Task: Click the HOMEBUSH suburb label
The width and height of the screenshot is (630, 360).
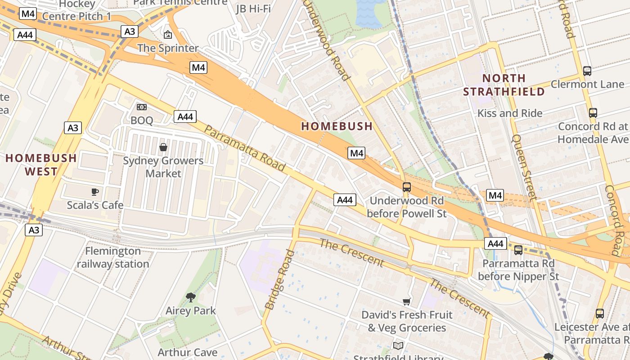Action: point(337,126)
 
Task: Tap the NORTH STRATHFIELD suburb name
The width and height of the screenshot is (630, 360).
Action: point(504,85)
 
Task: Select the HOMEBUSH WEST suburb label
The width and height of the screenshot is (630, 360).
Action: point(41,165)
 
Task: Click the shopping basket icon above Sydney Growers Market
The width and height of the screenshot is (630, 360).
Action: point(163,148)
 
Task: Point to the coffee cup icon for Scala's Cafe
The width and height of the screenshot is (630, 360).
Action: point(94,192)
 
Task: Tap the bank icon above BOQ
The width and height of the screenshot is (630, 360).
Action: point(142,107)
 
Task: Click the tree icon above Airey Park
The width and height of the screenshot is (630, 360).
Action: point(191,297)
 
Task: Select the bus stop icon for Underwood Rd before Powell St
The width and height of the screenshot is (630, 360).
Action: point(406,187)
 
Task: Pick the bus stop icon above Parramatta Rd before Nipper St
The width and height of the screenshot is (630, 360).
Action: point(518,250)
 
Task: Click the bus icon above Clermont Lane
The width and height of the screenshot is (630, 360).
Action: point(587,71)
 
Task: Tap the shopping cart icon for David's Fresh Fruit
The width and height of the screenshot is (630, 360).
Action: point(406,301)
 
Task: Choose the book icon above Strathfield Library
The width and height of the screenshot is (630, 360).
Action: point(398,346)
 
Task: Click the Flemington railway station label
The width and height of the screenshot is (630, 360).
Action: point(112,257)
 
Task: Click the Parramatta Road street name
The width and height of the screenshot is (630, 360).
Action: point(245,148)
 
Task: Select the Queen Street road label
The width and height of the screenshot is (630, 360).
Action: point(524,167)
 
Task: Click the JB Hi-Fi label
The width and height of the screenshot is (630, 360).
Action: point(253,8)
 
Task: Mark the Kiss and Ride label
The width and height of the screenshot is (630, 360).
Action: point(509,113)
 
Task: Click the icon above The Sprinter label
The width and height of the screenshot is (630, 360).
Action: point(168,34)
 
